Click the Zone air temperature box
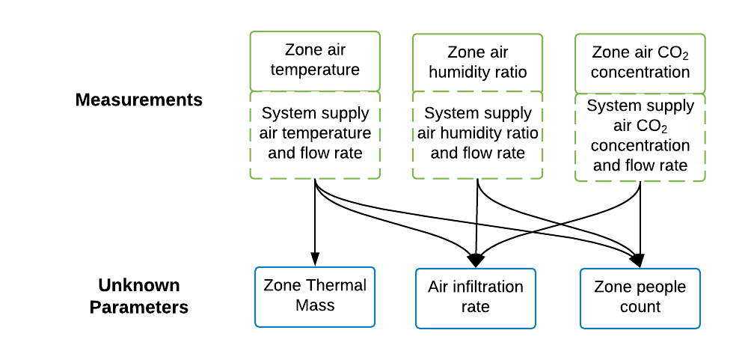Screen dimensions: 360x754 (x=315, y=60)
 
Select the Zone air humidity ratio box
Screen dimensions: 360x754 (x=478, y=62)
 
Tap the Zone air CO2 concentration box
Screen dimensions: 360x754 (x=640, y=62)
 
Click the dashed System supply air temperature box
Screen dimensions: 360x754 (x=315, y=133)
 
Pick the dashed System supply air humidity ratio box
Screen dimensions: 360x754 (x=478, y=133)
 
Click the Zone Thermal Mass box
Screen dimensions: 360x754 (x=315, y=296)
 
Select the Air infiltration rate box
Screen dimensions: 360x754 (x=476, y=297)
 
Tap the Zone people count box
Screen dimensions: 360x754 (x=640, y=297)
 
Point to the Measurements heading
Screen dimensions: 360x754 (x=139, y=100)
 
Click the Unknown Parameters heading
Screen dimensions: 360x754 (x=139, y=296)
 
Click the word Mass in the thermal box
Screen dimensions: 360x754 (x=315, y=305)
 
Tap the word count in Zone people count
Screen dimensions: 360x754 (x=640, y=307)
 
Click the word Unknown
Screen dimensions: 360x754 (x=139, y=286)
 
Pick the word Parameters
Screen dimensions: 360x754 (x=139, y=308)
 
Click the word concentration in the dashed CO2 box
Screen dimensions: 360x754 (x=640, y=144)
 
